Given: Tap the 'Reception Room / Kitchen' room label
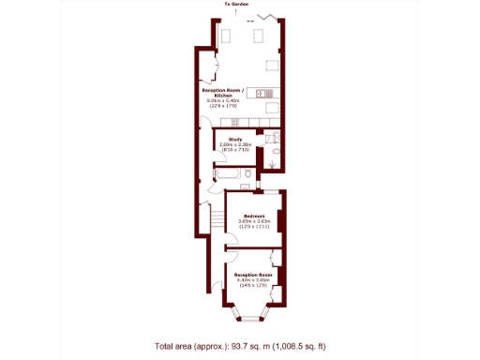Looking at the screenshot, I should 226,93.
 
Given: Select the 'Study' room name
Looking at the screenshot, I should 235,140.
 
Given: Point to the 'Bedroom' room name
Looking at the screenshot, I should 253,216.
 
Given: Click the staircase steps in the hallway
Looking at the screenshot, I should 217,219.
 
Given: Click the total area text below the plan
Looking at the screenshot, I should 240,347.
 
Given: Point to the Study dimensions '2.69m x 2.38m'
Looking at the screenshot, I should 235,145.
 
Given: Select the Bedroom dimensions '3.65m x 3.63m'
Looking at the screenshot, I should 253,221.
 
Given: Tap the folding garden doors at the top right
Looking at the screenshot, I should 272,20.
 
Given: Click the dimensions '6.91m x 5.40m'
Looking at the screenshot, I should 225,99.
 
